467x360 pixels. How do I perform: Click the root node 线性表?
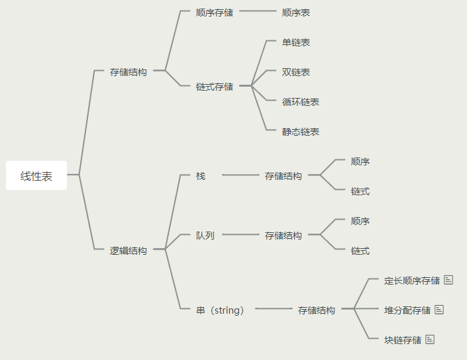[36, 176]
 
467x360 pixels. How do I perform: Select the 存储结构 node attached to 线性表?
[129, 72]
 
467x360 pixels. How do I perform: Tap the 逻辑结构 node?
[129, 251]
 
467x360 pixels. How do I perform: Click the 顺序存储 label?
[215, 13]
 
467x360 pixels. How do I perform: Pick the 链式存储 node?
[215, 87]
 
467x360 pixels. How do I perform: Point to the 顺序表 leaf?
[295, 13]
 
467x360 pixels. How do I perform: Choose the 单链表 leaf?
[295, 42]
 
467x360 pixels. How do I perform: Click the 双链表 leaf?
[295, 72]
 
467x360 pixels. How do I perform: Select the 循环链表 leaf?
[300, 102]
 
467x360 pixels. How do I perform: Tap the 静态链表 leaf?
[300, 132]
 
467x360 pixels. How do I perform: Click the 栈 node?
[201, 176]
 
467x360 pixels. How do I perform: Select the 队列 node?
[205, 236]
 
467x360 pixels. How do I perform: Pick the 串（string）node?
[221, 310]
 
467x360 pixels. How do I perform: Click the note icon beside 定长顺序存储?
[448, 280]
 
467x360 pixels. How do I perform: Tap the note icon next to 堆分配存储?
[439, 310]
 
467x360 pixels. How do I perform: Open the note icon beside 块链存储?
[430, 339]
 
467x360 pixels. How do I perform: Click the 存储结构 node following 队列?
[284, 236]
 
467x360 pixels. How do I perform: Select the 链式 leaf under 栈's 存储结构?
[360, 191]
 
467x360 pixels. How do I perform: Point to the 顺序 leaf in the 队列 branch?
[360, 221]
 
